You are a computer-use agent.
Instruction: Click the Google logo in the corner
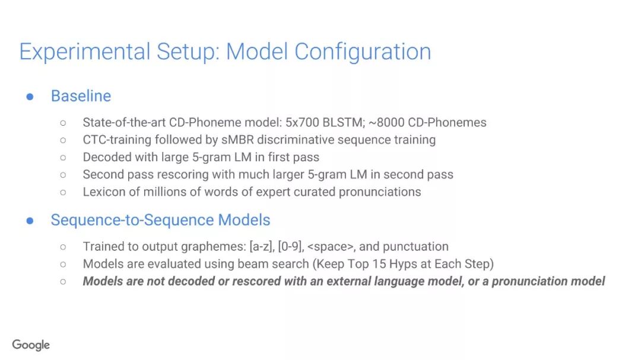pyautogui.click(x=31, y=345)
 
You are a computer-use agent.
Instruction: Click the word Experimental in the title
pyautogui.click(x=85, y=52)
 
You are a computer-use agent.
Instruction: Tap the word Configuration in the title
pyautogui.click(x=363, y=52)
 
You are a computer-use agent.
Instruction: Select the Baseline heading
pyautogui.click(x=81, y=96)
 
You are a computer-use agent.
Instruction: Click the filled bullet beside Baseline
pyautogui.click(x=30, y=97)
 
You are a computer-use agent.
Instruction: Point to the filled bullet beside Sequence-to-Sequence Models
pyautogui.click(x=30, y=221)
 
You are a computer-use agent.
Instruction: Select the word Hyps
pyautogui.click(x=403, y=265)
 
